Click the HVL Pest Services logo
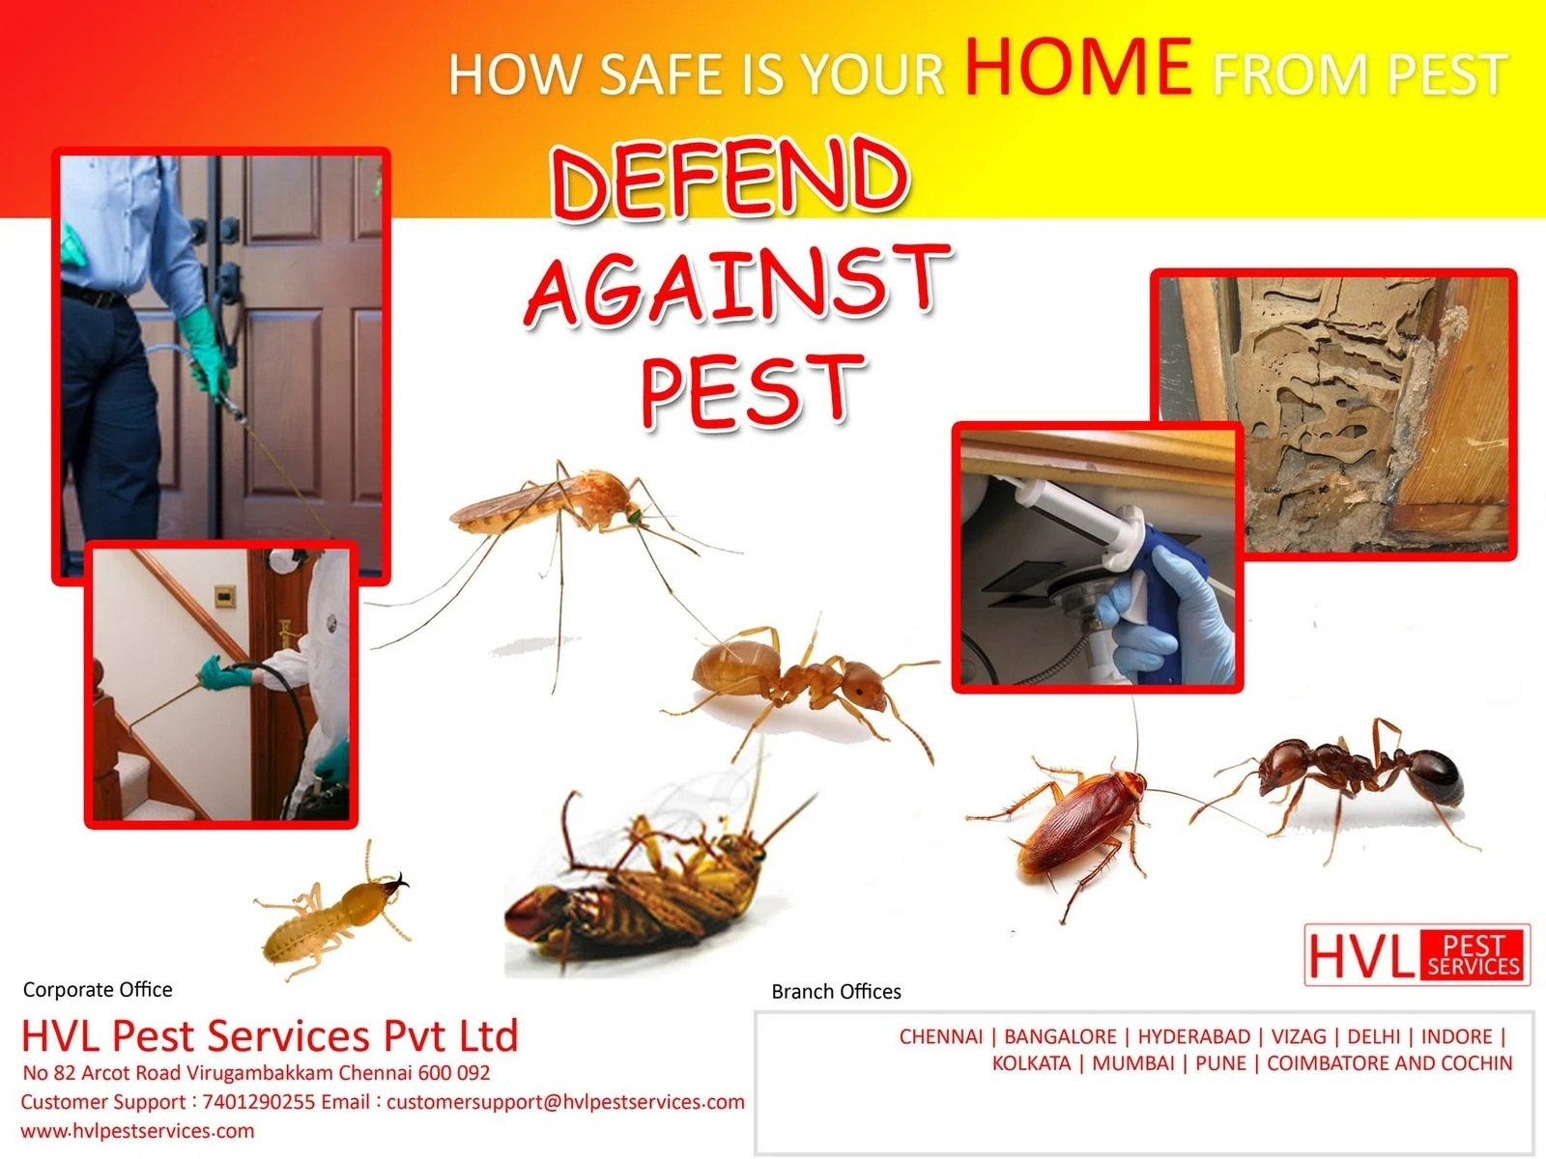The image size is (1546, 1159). (x=1417, y=955)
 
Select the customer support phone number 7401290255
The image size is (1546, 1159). (x=259, y=1101)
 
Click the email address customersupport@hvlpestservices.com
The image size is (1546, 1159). (x=565, y=1102)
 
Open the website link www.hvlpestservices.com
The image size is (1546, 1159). (x=137, y=1131)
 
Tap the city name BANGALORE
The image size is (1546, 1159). (x=1060, y=1036)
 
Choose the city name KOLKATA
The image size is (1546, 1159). (x=1031, y=1063)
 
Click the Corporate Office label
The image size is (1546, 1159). (x=98, y=989)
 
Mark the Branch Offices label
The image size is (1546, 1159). (x=836, y=992)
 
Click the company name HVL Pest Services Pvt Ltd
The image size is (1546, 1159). (x=270, y=1035)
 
